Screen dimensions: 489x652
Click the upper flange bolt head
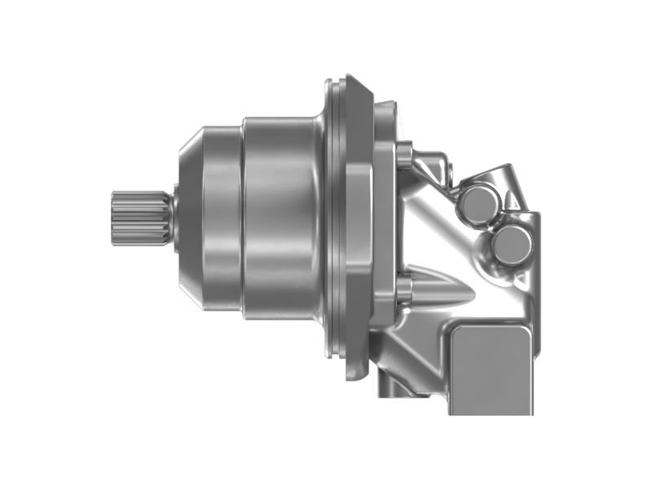pos(405,152)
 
